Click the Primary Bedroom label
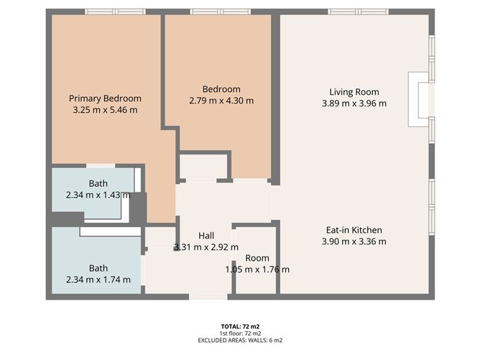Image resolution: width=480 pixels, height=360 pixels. coord(105,98)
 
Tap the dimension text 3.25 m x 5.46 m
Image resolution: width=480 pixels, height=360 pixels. coord(105,110)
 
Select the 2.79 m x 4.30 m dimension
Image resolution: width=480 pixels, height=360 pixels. coord(221,101)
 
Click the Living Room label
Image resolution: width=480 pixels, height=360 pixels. coord(354,92)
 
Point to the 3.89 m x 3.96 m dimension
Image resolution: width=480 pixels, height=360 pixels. coord(354,103)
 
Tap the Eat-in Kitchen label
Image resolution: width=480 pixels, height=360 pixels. coord(354,230)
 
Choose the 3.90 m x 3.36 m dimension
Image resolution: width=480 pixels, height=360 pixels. coord(354,241)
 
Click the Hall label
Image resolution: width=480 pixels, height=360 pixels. coord(206,236)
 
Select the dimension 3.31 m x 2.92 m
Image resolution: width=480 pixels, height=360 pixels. coord(206,247)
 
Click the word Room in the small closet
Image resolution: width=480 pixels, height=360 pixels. coord(257,258)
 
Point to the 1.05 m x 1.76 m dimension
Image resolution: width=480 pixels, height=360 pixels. coord(257,269)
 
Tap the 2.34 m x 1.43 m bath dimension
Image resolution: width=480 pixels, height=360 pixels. coord(98,195)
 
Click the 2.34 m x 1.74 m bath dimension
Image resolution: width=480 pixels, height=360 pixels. coord(98,280)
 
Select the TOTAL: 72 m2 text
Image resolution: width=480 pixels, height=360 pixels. coord(240,327)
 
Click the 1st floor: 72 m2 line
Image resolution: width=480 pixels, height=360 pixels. coord(240,333)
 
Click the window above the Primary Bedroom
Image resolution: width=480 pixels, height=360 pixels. coord(115,11)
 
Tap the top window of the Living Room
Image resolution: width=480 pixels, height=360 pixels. coord(359,11)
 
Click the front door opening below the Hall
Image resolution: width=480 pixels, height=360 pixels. coord(208,297)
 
